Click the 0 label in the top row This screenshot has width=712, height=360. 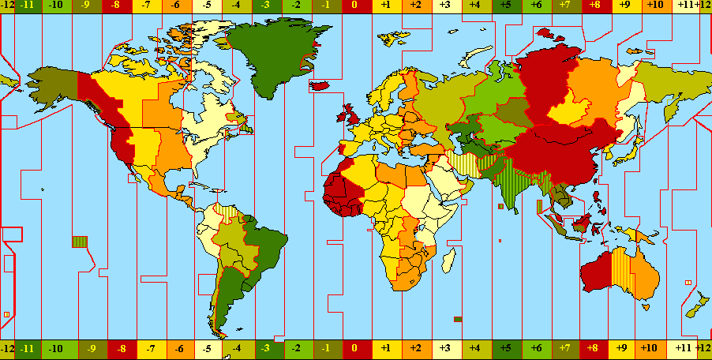tap(355, 6)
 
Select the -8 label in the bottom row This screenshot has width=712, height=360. tap(122, 347)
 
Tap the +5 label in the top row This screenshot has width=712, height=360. tap(504, 6)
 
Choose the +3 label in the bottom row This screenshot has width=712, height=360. tap(444, 347)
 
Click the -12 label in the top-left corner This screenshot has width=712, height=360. tap(8, 6)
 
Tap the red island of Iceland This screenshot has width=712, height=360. tap(320, 84)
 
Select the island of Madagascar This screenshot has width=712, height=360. tap(448, 261)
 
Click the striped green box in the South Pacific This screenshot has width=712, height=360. tap(80, 242)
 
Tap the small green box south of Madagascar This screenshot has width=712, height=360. tap(458, 319)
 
